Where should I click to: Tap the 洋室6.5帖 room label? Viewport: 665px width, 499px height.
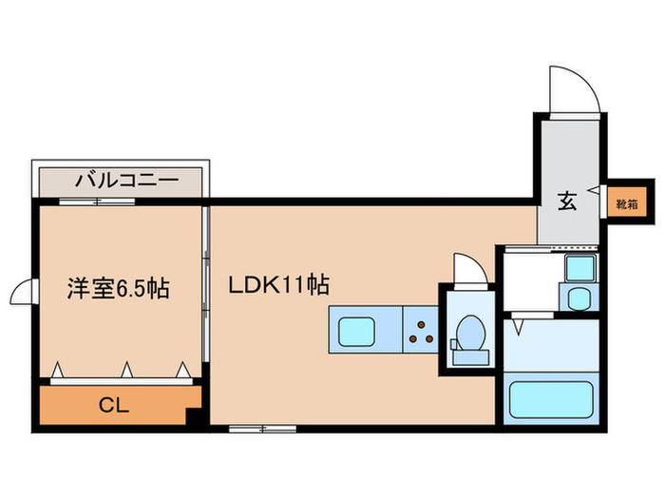pyautogui.click(x=118, y=288)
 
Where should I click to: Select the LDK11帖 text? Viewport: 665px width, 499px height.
pyautogui.click(x=278, y=284)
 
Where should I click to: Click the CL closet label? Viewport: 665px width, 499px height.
pyautogui.click(x=115, y=406)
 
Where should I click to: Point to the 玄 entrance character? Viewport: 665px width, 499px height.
pyautogui.click(x=566, y=202)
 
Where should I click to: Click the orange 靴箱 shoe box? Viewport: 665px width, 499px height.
pyautogui.click(x=624, y=203)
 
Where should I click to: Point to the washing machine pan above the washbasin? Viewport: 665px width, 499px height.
pyautogui.click(x=578, y=269)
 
